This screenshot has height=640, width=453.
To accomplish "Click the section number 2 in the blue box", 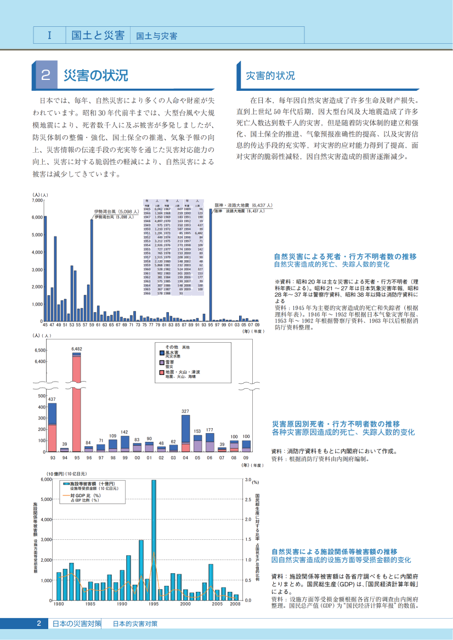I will pos(47,76).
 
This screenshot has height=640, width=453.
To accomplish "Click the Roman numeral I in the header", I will pos(49,36).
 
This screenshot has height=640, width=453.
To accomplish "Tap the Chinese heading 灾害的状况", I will pos(270,76).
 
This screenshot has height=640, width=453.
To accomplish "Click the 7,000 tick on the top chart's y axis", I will pos(37,200).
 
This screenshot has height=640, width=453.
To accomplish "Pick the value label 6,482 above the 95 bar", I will pos(77,349).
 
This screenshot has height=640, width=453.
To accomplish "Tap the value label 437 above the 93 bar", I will pos(52,399).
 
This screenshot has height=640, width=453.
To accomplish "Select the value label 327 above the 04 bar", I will pos(185,411).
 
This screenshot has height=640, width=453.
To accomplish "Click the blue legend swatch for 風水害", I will pos(162,353).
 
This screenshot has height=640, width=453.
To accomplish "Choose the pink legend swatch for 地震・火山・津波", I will pos(162,372).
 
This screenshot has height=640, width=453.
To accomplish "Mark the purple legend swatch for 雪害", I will pos(162,362).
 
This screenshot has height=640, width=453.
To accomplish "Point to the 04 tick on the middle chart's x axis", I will pos(185,457).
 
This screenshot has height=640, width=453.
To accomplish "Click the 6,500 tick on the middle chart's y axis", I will pos(40,350).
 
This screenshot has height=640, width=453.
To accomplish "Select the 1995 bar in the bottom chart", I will pos(154,539).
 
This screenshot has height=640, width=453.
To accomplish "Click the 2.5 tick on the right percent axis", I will pos(247,499).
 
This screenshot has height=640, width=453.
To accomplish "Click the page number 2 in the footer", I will pos(39,624).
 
